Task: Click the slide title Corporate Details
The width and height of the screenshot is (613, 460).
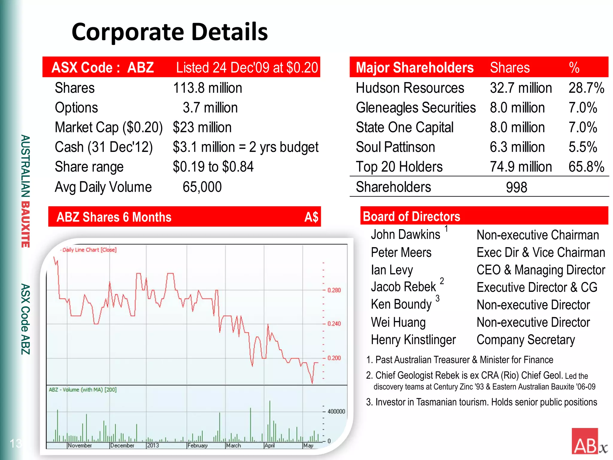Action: coord(170,32)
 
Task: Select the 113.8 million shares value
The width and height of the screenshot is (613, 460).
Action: coord(207,88)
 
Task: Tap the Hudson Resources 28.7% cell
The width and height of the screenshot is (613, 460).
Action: coord(586,88)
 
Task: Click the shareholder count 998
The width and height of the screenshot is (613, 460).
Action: coord(516,187)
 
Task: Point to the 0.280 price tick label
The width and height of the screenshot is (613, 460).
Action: coord(334,290)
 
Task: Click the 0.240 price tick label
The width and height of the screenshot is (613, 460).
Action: coord(334,324)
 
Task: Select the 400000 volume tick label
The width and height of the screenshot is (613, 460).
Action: coord(336,411)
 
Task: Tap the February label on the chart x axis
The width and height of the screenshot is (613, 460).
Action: coord(198,445)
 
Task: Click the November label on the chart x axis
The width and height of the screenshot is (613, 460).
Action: coord(80,445)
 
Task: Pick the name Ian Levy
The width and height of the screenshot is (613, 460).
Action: coord(392,270)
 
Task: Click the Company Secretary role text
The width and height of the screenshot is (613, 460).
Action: coord(526,340)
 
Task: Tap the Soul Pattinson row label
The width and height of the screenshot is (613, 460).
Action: coord(395,147)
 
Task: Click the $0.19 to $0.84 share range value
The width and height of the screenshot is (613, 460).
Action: coord(213,167)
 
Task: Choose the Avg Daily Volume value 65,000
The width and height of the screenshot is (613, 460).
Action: coord(202,187)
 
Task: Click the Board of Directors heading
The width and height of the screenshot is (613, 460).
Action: coord(411,217)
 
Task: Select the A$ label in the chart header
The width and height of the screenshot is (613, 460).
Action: coord(311,217)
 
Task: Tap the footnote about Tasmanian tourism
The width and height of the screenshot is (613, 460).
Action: coord(482,402)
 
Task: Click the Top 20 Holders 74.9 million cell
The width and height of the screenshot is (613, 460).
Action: coord(521,167)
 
